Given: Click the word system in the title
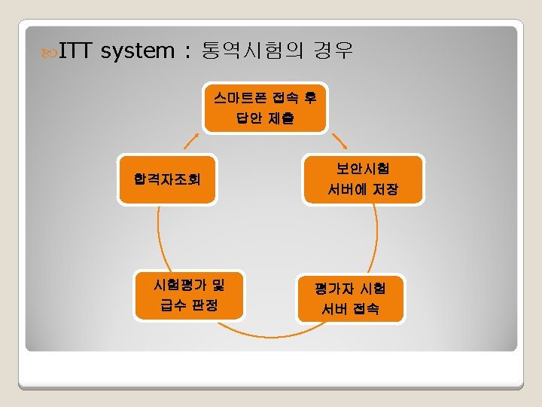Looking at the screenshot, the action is click(x=137, y=52).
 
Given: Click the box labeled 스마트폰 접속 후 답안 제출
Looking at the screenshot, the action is click(x=264, y=106).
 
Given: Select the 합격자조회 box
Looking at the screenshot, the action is click(x=167, y=179).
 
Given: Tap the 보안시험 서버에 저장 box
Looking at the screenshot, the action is click(x=364, y=179).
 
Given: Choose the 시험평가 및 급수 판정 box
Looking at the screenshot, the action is click(x=188, y=295).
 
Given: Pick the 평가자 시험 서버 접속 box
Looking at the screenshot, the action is click(x=351, y=298).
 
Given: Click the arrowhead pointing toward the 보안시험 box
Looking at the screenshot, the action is click(x=340, y=142).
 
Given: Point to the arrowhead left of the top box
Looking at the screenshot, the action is click(x=191, y=142).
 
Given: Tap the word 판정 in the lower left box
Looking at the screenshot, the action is click(x=205, y=305).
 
